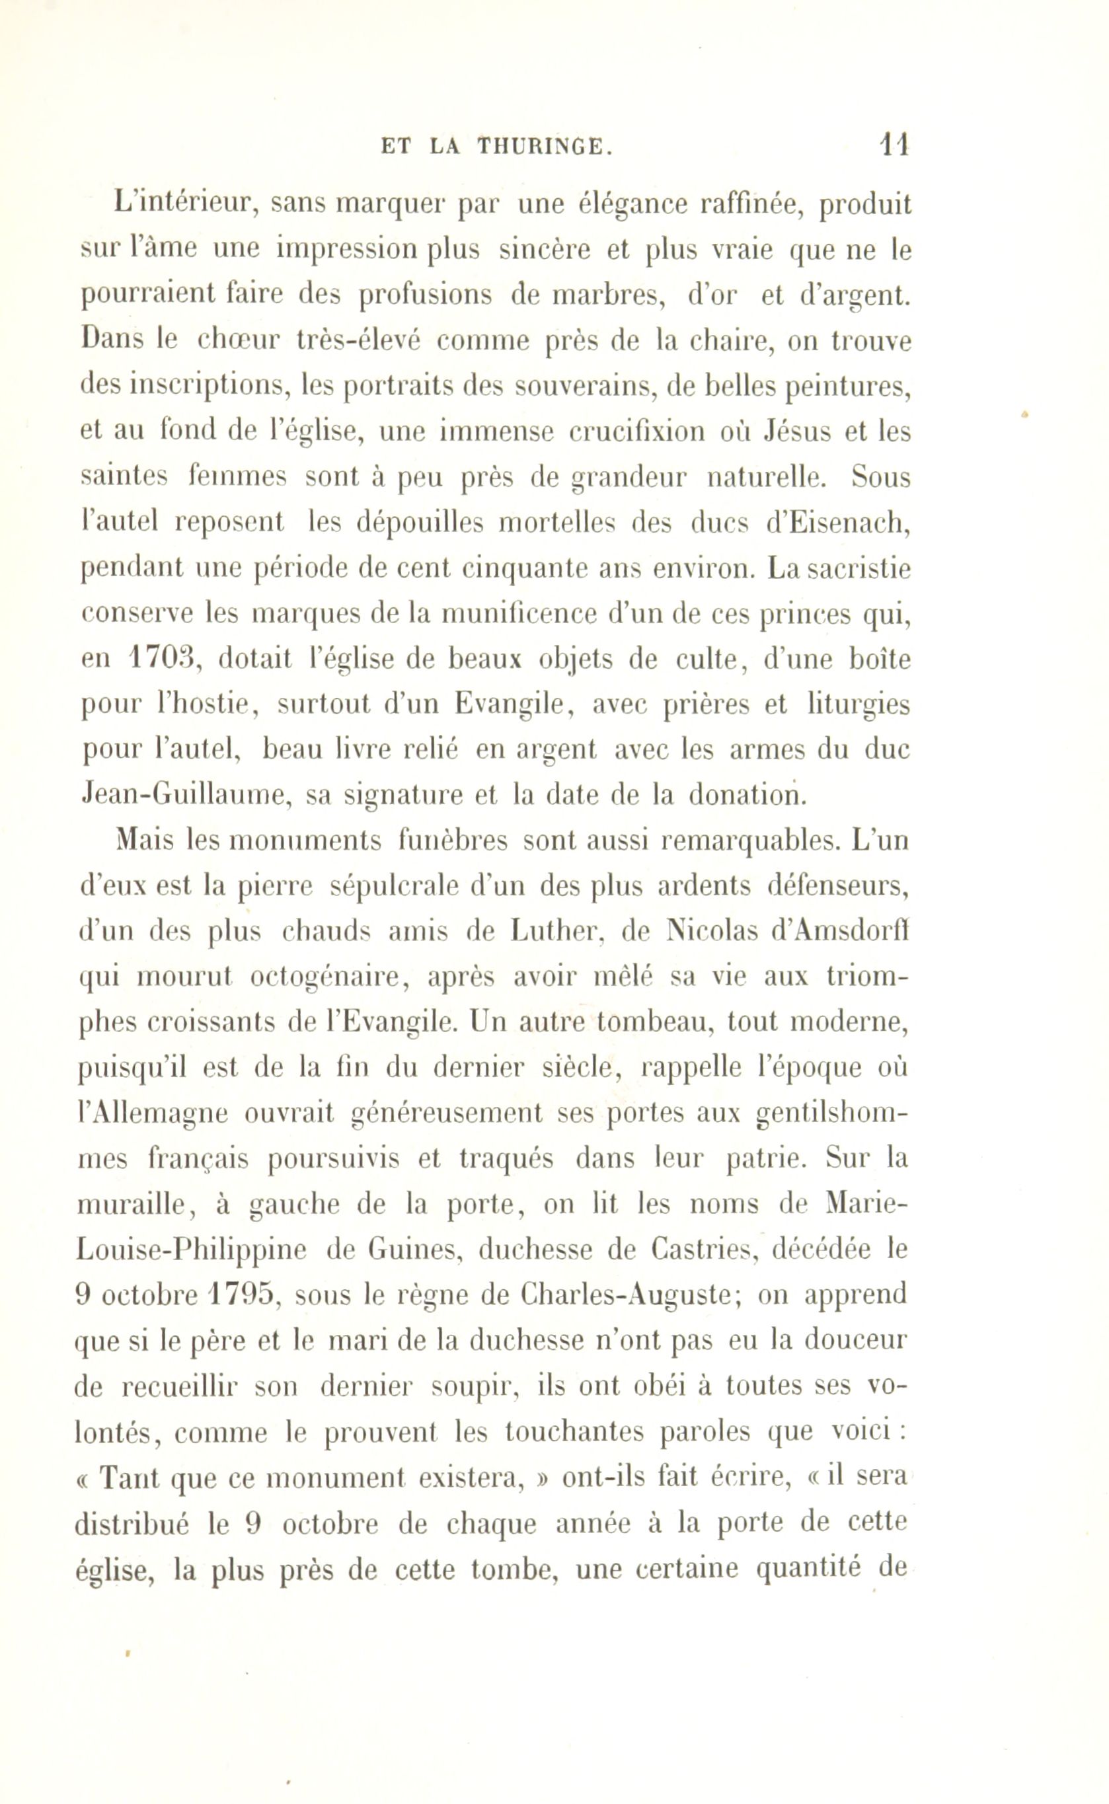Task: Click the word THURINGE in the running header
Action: (543, 147)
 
